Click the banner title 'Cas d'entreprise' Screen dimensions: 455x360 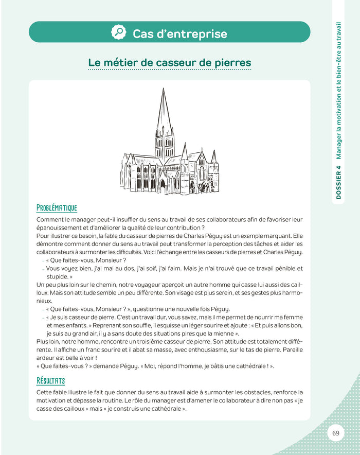[x=179, y=34]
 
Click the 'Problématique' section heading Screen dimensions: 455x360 [x=57, y=207]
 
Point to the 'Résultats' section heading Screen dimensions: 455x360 [x=50, y=380]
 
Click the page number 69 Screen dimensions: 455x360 [x=336, y=433]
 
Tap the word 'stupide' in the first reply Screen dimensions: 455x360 [x=57, y=276]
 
